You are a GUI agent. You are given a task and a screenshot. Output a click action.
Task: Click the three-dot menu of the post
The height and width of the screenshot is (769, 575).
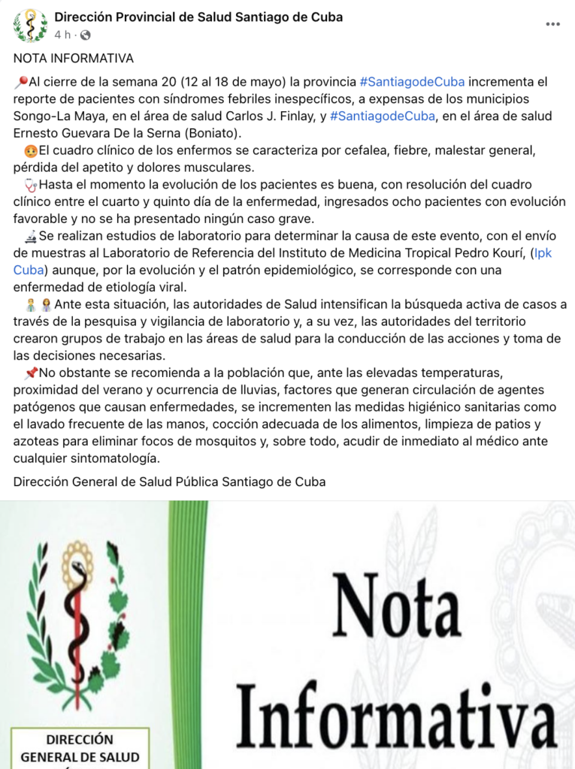tap(553, 24)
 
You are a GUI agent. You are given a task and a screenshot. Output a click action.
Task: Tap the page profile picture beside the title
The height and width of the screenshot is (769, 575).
tap(30, 25)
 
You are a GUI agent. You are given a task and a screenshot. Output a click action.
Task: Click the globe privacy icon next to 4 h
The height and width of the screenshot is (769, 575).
tap(85, 35)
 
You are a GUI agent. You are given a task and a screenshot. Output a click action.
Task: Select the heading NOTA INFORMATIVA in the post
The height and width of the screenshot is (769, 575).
tap(74, 58)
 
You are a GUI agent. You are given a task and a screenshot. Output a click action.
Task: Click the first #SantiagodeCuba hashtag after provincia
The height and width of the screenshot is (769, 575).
tap(412, 81)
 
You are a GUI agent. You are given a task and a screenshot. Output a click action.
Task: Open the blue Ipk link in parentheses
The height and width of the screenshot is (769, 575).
tap(542, 253)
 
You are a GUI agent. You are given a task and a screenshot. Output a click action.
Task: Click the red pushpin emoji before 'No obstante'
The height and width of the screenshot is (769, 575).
tap(31, 373)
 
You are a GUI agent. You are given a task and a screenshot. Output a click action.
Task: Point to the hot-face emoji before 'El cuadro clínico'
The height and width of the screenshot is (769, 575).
tap(31, 150)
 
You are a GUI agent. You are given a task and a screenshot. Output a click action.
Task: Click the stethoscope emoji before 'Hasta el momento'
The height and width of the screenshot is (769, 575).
tap(31, 185)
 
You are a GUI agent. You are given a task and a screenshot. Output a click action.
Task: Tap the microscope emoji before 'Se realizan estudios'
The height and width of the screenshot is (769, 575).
tap(31, 236)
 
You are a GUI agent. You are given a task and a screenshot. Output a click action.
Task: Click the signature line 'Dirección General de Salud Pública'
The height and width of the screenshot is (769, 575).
tap(169, 481)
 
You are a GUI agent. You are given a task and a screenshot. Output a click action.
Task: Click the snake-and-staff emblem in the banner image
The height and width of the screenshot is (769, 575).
tap(77, 623)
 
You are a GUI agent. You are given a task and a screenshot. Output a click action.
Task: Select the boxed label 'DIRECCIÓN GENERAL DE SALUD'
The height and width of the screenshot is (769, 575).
tap(80, 748)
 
